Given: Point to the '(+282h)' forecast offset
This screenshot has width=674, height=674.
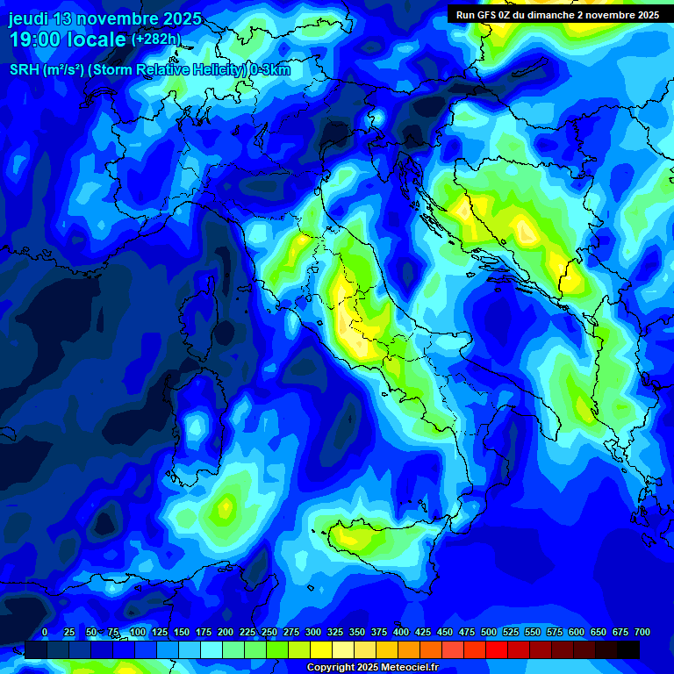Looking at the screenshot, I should (x=155, y=39).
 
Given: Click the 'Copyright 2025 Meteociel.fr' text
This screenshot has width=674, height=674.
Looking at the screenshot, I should (x=372, y=668).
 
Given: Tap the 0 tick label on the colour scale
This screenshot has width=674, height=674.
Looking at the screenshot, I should (x=45, y=633).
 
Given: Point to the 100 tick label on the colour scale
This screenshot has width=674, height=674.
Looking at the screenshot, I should (x=138, y=633).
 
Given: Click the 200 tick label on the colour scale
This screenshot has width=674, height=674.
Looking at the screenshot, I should (x=226, y=633).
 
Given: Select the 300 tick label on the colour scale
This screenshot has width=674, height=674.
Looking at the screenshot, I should (x=313, y=633).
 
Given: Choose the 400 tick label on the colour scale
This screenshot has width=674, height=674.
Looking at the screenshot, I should (x=401, y=633).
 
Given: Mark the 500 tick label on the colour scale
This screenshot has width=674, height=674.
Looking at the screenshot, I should (x=489, y=633).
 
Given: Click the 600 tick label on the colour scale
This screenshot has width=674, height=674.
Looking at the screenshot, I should (x=577, y=633).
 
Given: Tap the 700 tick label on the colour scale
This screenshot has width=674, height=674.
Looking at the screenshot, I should (x=642, y=633).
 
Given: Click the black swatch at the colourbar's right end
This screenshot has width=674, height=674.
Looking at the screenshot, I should (x=628, y=650).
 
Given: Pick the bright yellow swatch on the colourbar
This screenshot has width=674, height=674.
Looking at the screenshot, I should (x=321, y=650).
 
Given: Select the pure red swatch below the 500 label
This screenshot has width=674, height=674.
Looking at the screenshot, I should (x=497, y=650).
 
